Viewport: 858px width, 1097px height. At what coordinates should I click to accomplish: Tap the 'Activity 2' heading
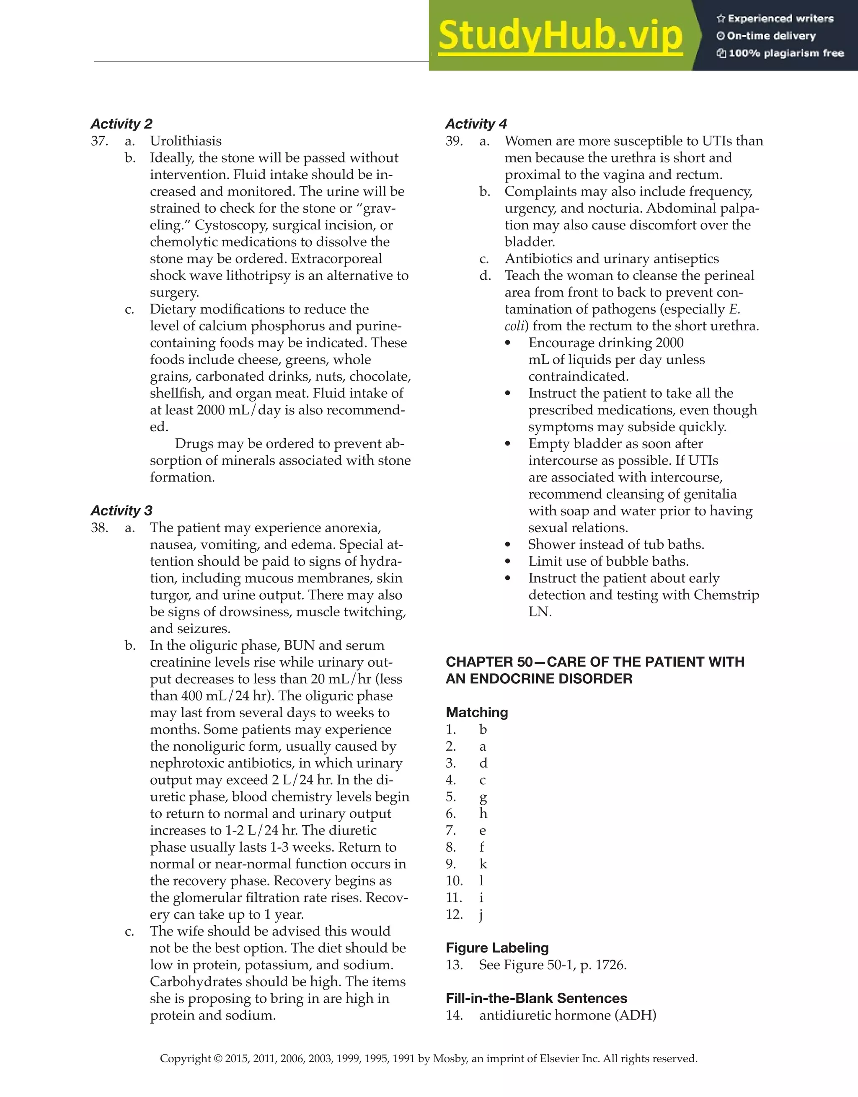[x=121, y=124]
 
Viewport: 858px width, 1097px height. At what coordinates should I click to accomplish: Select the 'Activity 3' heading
[x=121, y=510]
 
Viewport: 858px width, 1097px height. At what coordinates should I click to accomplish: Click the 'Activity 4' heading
[x=476, y=124]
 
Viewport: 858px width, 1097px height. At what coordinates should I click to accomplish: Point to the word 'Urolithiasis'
[x=186, y=141]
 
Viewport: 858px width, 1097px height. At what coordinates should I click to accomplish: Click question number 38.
[x=100, y=528]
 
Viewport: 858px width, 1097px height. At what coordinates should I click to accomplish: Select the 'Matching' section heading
[x=476, y=712]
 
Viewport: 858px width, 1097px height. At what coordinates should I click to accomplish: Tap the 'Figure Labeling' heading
[x=497, y=948]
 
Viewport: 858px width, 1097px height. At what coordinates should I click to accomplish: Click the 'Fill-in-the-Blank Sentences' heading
[x=536, y=998]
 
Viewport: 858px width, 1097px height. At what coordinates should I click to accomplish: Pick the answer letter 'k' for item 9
[x=483, y=864]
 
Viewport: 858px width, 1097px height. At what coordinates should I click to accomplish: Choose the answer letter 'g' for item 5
[x=483, y=797]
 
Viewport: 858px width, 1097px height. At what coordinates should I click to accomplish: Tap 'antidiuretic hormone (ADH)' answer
[x=568, y=1015]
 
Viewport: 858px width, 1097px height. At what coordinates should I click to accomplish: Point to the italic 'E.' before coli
[x=734, y=309]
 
